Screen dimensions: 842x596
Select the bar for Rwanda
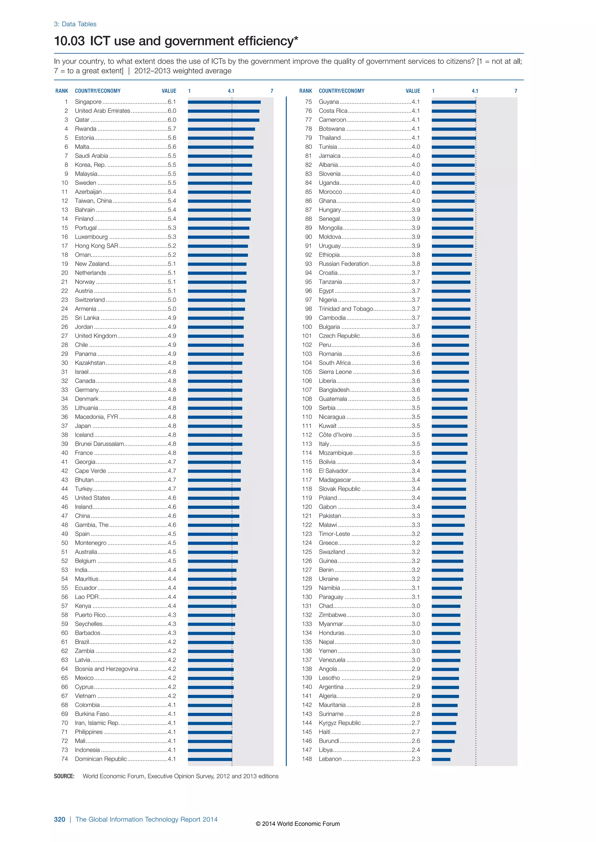[221, 129]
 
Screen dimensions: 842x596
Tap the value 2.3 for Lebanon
[416, 759]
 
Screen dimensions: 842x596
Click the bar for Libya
[441, 750]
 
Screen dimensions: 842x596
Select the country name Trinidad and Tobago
[346, 309]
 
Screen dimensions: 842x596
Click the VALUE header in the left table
[169, 91]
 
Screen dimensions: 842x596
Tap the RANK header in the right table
[305, 91]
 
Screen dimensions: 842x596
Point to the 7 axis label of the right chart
[516, 91]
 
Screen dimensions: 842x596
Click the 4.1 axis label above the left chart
[231, 91]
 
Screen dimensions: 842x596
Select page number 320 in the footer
[59, 819]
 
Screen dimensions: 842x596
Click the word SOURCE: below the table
[64, 776]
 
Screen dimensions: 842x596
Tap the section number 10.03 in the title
[69, 41]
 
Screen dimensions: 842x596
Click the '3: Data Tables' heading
[75, 24]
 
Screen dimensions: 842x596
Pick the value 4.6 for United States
[172, 498]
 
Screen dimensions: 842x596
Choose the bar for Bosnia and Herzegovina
[211, 669]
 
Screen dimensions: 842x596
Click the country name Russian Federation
[343, 264]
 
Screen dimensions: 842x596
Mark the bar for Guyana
[454, 102]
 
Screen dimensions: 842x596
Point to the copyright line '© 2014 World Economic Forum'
[298, 824]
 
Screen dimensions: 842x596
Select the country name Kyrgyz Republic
[340, 723]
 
